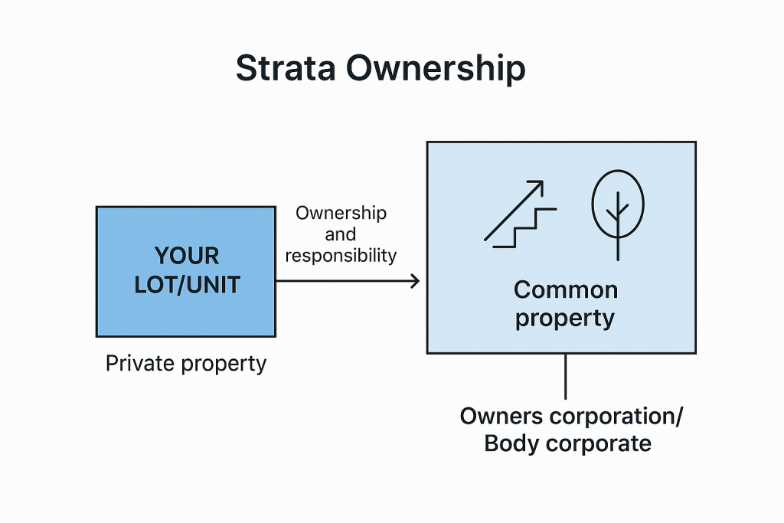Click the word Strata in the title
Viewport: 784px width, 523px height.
pos(286,68)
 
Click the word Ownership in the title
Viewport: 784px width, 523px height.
pos(436,69)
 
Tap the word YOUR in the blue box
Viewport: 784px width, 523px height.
pos(187,256)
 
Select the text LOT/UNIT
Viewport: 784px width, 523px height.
pos(187,285)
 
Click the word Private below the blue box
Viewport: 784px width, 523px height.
pos(141,363)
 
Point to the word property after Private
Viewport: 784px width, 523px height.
pos(224,364)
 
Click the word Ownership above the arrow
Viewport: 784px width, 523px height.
pos(341,214)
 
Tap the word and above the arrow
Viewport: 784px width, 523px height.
pos(341,234)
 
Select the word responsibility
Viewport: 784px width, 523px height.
pos(341,256)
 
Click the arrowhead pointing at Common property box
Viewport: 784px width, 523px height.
pos(415,281)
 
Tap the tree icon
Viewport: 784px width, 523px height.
pos(618,215)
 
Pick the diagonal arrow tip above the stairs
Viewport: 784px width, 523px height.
pos(542,181)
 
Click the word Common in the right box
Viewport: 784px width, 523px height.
pos(566,290)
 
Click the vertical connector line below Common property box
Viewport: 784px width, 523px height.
pos(566,377)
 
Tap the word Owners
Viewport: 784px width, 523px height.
pos(501,416)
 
